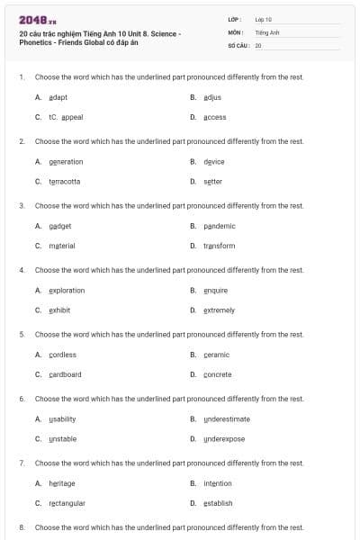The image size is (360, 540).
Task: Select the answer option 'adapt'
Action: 58,97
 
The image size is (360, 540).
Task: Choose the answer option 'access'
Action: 214,117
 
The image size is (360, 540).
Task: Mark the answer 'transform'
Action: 219,246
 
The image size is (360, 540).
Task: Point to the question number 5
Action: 22,334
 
